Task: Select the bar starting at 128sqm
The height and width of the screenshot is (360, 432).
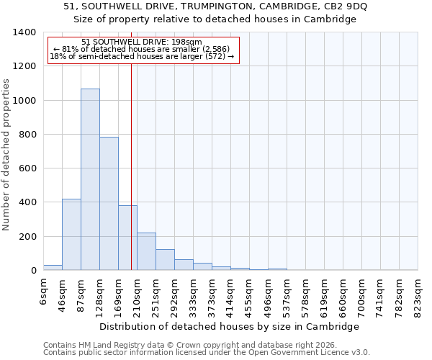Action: click(x=109, y=203)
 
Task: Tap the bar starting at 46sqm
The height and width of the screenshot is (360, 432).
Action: click(x=71, y=234)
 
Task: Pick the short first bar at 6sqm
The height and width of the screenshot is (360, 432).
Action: click(x=53, y=267)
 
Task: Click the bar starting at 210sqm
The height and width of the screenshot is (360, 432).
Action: click(x=146, y=251)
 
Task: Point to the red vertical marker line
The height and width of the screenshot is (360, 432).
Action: click(x=131, y=166)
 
